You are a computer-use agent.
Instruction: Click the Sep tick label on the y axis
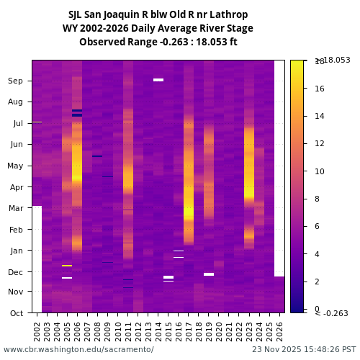15,81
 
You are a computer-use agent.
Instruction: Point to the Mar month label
15,208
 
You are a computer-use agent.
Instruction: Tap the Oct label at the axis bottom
15,313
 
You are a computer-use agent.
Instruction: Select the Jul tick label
17,123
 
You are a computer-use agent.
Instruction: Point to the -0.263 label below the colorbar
331,313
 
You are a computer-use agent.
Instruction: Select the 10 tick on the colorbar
319,171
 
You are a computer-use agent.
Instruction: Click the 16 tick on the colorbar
319,89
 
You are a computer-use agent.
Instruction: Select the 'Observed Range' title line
158,42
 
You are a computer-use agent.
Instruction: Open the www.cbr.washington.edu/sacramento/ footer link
78,349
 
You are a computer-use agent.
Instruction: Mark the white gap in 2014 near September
158,80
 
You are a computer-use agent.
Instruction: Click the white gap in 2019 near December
209,274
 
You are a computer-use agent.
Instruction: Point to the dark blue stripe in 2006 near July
77,112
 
